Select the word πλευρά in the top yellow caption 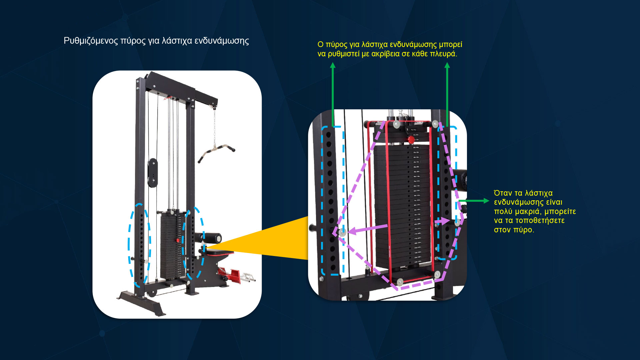pos(444,54)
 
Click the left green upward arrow pos(333,93)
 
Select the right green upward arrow pos(447,93)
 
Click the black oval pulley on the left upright pos(152,173)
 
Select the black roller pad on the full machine pos(212,238)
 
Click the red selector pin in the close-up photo pos(411,139)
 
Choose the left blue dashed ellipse pos(139,245)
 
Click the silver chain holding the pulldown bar pos(214,127)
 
